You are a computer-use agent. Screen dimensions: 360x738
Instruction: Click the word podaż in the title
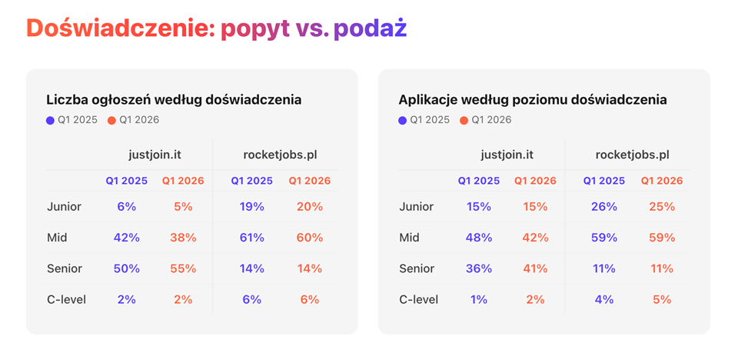click(x=370, y=28)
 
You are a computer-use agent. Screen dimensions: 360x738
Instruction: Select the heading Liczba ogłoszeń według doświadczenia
click(x=174, y=99)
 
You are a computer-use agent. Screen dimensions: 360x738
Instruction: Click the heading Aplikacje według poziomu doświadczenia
click(x=533, y=99)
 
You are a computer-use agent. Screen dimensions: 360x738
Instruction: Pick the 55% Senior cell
click(x=183, y=268)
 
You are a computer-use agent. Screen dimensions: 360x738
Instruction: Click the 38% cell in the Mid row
click(x=183, y=238)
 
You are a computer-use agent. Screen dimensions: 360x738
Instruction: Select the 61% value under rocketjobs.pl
click(x=251, y=238)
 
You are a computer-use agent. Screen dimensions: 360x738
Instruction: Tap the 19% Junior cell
click(x=251, y=206)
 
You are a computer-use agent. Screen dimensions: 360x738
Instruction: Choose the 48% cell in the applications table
click(x=478, y=238)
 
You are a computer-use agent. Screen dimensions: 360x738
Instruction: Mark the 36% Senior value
click(x=478, y=268)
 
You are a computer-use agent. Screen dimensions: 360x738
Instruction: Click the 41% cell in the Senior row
click(x=535, y=268)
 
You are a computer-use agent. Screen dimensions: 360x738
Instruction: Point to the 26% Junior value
click(x=603, y=206)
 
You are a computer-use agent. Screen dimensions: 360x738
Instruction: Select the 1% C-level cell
click(x=478, y=299)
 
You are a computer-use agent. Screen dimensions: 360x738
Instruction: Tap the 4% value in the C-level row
click(x=603, y=299)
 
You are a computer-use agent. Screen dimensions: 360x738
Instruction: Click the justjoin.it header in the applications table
click(x=507, y=155)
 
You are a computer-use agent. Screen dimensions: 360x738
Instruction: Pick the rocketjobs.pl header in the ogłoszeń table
click(x=280, y=155)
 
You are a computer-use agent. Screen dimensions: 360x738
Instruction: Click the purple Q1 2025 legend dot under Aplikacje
click(x=403, y=120)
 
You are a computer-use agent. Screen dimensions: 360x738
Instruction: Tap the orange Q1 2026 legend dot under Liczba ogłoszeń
click(x=111, y=120)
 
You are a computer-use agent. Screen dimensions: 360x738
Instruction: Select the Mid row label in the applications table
click(x=409, y=238)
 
